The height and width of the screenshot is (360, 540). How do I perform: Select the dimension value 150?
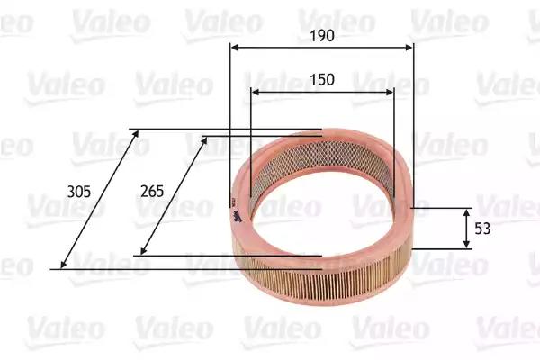[322, 80]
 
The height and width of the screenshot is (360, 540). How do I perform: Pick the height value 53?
[482, 229]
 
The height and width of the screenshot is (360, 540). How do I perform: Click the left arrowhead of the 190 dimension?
[233, 49]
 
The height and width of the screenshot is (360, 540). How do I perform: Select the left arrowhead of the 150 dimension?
[255, 92]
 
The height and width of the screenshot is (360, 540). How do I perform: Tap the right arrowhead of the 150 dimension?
[391, 92]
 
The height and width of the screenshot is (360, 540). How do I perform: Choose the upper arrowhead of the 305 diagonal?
[137, 133]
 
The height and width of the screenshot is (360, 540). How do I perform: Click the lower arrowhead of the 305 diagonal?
[63, 265]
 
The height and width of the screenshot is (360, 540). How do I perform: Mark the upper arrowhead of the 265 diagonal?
[206, 139]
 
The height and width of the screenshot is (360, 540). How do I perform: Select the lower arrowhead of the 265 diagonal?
[144, 252]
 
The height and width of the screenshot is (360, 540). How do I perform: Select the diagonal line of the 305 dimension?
[99, 200]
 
